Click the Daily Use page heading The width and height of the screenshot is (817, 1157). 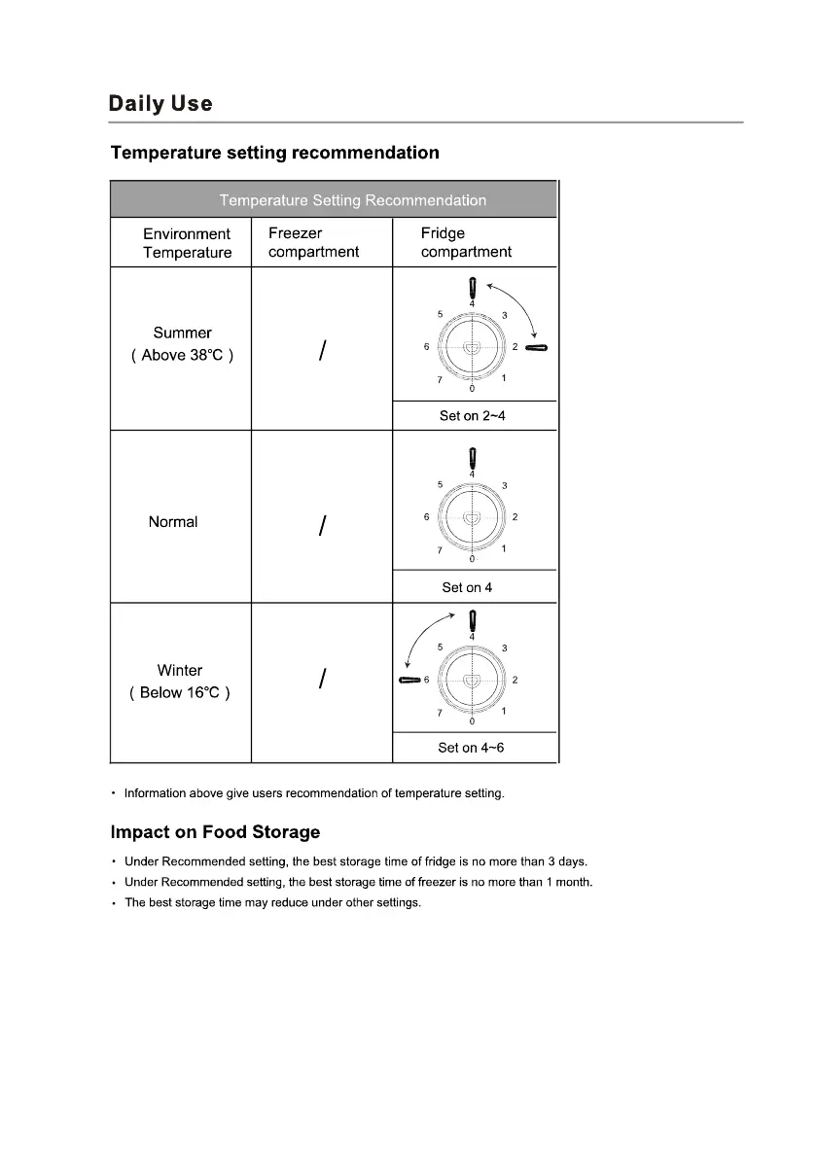[160, 104]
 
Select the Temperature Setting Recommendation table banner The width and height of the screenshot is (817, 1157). [352, 200]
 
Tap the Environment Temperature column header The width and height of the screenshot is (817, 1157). [187, 243]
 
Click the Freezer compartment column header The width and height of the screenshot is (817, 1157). [313, 243]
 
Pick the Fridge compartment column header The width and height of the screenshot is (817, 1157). [466, 243]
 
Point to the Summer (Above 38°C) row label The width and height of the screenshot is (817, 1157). [182, 344]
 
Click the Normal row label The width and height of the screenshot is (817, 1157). [173, 522]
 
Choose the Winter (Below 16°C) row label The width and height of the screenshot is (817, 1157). [180, 682]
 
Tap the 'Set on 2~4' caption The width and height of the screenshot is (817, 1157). [473, 416]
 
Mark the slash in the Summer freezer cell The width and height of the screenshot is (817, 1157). [321, 353]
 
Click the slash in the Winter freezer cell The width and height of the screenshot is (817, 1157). [321, 681]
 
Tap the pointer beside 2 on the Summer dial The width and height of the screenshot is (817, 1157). [537, 347]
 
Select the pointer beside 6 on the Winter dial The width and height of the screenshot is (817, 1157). [409, 680]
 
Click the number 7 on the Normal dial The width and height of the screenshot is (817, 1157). [439, 550]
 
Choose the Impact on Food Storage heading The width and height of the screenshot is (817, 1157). [215, 832]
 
